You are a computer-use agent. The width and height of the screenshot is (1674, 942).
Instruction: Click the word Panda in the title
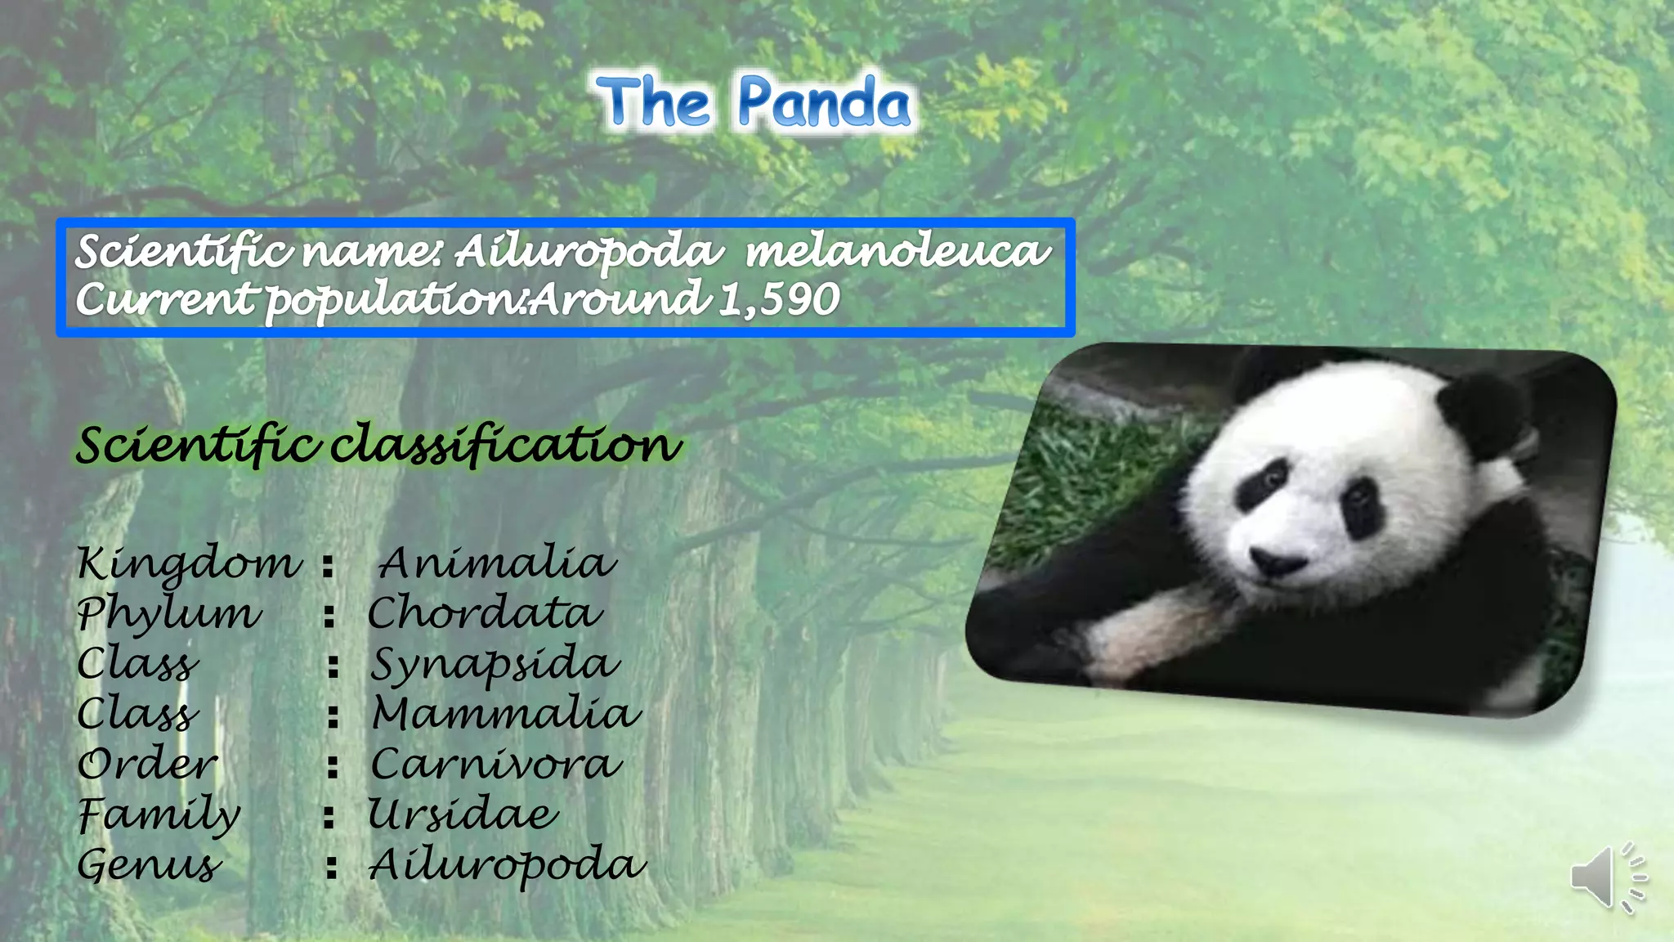[x=824, y=104]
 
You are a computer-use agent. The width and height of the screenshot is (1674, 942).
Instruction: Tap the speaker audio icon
[x=1607, y=877]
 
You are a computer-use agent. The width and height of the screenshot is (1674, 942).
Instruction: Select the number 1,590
[x=779, y=299]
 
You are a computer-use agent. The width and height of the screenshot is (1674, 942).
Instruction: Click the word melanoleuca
[x=897, y=250]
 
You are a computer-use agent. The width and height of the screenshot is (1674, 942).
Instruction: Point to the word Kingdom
[x=189, y=563]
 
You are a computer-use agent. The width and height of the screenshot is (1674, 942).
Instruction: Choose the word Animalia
[x=496, y=563]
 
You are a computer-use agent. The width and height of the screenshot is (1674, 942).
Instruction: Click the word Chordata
[x=485, y=613]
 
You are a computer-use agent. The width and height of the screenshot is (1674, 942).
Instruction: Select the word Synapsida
[x=495, y=664]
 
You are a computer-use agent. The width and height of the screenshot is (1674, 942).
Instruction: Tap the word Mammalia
[x=506, y=714]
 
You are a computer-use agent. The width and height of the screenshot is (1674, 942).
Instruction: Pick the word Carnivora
[x=496, y=765]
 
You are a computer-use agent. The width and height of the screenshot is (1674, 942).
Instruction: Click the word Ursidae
[x=463, y=814]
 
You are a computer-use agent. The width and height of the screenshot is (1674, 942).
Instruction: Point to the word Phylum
[x=169, y=613]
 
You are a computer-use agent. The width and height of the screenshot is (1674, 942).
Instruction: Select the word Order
[x=148, y=765]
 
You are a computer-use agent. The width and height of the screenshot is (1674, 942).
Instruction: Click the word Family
[x=159, y=814]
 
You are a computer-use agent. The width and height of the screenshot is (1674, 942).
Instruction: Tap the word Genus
[x=149, y=865]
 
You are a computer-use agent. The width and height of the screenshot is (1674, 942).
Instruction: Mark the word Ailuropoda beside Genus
[x=507, y=865]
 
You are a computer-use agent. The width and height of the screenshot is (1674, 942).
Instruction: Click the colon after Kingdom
[x=328, y=565]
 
